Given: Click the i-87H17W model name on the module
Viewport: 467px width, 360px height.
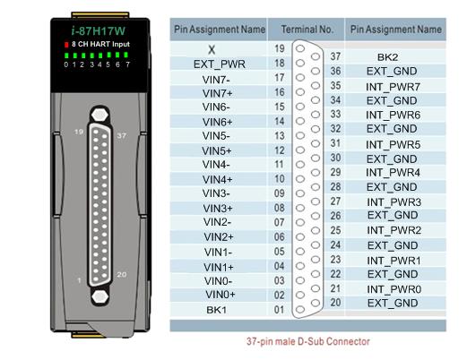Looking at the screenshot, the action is click(x=98, y=30).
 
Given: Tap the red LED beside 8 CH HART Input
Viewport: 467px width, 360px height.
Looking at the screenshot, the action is click(x=66, y=45).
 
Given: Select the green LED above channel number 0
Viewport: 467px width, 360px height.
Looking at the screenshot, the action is click(x=66, y=56).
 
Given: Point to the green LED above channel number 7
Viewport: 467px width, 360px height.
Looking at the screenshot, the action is click(x=126, y=55).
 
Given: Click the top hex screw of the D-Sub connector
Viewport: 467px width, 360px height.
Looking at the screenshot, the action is click(x=99, y=115).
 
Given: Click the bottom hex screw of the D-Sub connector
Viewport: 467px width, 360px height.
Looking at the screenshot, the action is click(x=100, y=296).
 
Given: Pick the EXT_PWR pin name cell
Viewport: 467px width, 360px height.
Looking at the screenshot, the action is click(x=220, y=64).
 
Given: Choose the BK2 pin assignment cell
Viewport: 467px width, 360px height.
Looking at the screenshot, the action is click(x=387, y=57).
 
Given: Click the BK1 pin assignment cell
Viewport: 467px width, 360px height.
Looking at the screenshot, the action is click(x=216, y=310).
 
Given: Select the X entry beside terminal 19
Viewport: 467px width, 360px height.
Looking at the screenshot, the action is click(x=212, y=49).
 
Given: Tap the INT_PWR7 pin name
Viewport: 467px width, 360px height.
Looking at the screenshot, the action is click(x=393, y=87).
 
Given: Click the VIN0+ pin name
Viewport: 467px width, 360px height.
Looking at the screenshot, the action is click(x=221, y=295).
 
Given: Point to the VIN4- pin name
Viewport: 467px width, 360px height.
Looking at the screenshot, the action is click(x=216, y=165).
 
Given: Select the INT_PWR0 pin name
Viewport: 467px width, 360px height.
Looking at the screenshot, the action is click(x=393, y=289).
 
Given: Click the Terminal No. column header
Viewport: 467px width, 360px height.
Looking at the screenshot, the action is click(x=307, y=30).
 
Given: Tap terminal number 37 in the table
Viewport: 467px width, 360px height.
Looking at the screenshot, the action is click(x=335, y=56).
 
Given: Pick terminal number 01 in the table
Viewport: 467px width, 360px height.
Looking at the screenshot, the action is click(x=279, y=310).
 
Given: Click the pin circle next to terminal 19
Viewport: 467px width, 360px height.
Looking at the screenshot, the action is click(x=300, y=48).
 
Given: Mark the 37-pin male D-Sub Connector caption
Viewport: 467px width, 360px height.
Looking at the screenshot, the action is click(x=308, y=341).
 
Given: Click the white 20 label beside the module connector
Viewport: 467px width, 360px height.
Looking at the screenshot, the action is click(x=121, y=274).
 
